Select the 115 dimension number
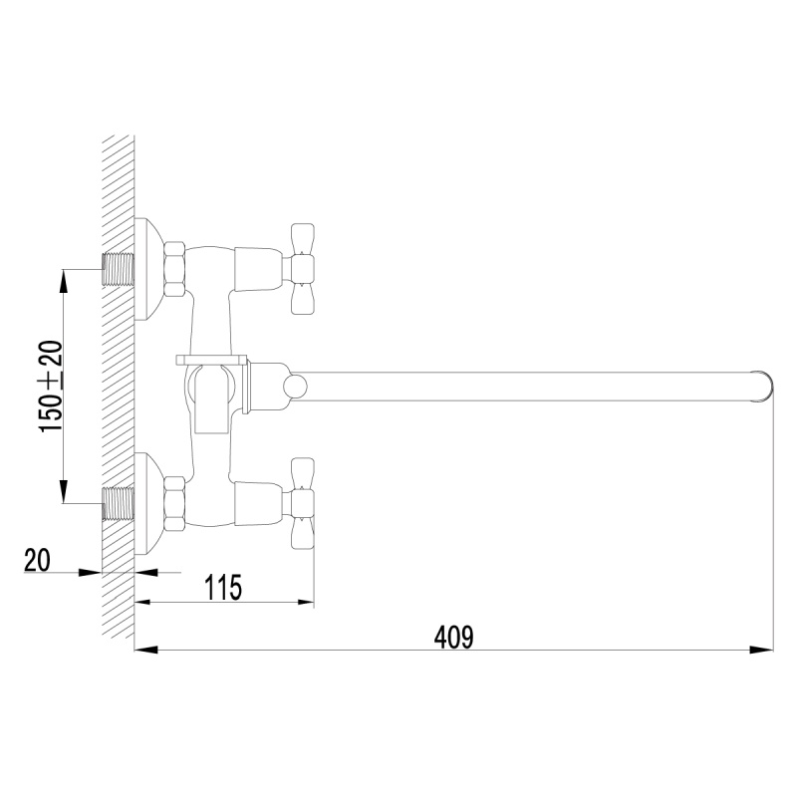(x=223, y=588)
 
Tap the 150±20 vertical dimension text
(x=51, y=387)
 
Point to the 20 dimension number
(x=37, y=560)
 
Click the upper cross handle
(x=302, y=268)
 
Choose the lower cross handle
(x=302, y=503)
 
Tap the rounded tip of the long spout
(x=765, y=387)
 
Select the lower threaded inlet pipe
(x=118, y=503)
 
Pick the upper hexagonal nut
(x=174, y=268)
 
